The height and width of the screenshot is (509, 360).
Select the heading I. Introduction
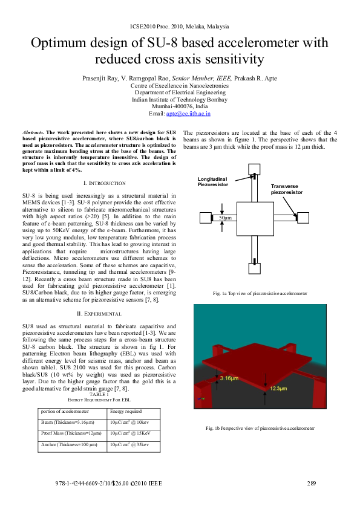click(101, 183)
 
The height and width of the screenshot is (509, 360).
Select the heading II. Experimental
click(101, 314)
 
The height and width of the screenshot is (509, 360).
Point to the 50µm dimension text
click(226, 217)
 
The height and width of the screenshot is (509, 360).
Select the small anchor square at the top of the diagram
click(254, 169)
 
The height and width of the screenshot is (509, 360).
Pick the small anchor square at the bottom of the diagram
click(254, 267)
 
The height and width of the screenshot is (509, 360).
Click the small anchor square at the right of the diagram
click(303, 218)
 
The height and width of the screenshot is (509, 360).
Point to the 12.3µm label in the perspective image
click(280, 388)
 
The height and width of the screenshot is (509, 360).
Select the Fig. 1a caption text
click(260, 293)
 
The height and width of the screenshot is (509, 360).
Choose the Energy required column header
click(126, 411)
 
